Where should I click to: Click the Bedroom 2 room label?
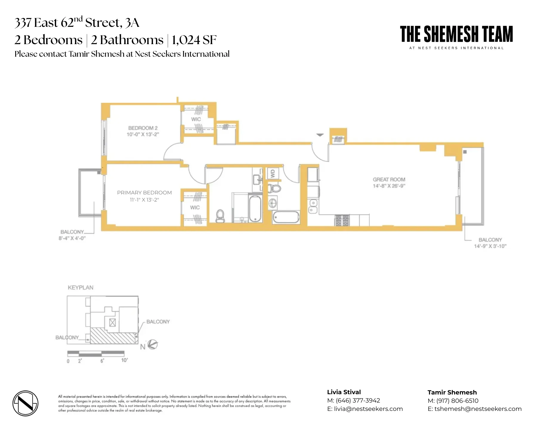[x=143, y=128]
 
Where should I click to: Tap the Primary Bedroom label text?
[x=144, y=193]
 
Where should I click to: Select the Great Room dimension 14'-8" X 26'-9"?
[x=389, y=186]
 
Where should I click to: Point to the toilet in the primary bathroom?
[x=220, y=216]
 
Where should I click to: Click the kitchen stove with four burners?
[x=342, y=220]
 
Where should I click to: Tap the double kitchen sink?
[x=313, y=206]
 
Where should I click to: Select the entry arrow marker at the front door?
[x=320, y=135]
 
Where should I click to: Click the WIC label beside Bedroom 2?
[x=196, y=119]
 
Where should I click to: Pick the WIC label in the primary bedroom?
[x=195, y=208]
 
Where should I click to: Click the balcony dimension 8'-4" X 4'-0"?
[x=72, y=238]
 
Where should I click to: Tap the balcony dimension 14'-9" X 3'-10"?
[x=490, y=246]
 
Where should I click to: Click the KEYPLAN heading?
[x=81, y=288]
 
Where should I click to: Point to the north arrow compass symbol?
[x=153, y=345]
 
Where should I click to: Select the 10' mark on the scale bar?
[x=124, y=360]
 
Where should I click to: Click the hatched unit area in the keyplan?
[x=113, y=336]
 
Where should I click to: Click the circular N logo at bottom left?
[x=25, y=403]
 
